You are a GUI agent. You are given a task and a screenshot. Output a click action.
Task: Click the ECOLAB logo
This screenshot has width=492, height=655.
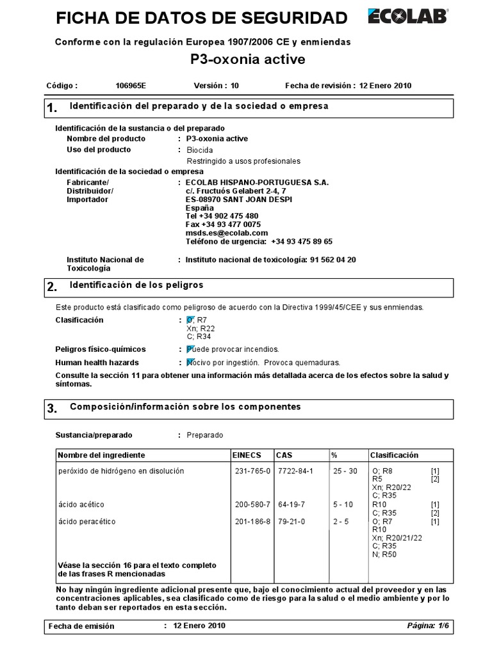point(408,17)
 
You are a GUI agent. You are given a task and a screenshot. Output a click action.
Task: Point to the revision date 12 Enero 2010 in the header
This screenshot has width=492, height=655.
point(386,86)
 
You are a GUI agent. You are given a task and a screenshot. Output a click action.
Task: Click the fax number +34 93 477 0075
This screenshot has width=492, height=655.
point(223,225)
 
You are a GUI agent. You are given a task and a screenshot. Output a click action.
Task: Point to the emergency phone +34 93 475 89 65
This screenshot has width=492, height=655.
point(302,242)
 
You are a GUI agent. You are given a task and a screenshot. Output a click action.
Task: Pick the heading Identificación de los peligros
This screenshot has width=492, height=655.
point(136,285)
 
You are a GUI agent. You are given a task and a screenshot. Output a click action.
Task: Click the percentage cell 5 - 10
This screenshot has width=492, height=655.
point(343,505)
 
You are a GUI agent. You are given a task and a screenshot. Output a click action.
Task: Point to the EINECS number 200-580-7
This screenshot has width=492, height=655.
point(253,505)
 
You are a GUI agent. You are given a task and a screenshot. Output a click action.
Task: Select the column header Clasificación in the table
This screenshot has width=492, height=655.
point(394,455)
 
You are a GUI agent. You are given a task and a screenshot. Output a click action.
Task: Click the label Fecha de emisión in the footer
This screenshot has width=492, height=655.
point(81,626)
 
